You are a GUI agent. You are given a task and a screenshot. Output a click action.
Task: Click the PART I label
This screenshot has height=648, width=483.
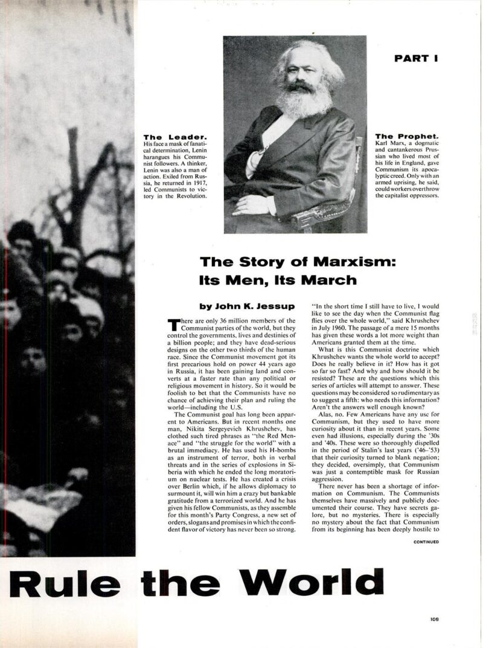(416, 59)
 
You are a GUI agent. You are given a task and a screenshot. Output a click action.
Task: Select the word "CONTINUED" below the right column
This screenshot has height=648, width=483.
(426, 542)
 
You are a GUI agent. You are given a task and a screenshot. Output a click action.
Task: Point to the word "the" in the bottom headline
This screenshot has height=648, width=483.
(183, 583)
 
